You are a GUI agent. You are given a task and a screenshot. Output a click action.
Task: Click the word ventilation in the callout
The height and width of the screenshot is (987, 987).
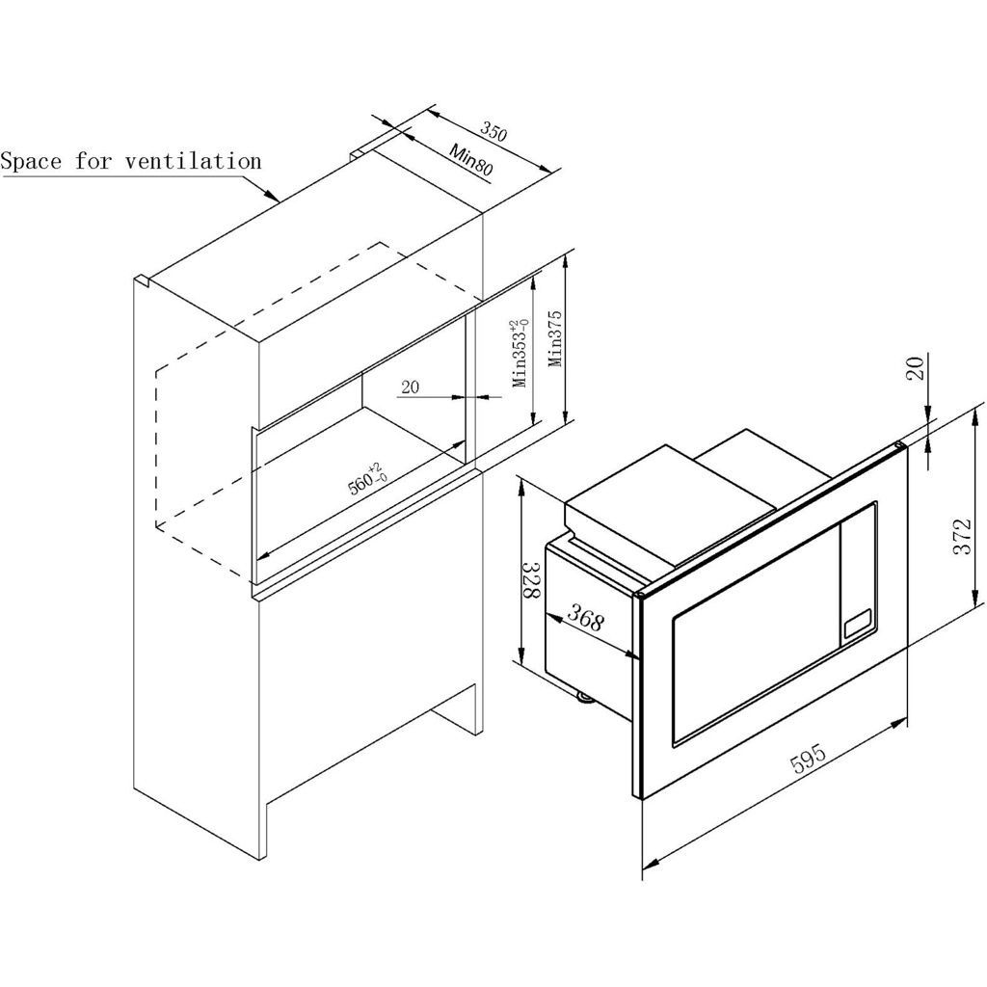pos(193,161)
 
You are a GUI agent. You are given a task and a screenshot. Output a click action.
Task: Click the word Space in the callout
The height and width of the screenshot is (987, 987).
pos(31,162)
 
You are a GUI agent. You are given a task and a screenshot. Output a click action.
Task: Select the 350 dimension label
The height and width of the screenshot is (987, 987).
pos(493,130)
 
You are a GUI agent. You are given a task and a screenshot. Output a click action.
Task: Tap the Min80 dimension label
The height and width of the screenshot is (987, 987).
pos(470,159)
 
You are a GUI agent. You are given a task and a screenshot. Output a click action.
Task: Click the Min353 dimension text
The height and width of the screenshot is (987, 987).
pos(520,353)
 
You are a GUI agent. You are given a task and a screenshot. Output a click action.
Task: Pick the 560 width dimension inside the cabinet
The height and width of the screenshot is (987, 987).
pos(367,480)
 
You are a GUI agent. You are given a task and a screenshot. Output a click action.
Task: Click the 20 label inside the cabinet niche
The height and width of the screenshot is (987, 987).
pos(410,387)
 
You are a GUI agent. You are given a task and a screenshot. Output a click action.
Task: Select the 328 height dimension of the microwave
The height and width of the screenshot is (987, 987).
pos(533,581)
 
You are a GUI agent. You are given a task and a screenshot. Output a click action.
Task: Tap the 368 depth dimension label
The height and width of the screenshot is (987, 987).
pos(586,617)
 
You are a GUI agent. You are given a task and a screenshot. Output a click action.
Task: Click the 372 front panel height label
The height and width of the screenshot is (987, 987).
pos(962,536)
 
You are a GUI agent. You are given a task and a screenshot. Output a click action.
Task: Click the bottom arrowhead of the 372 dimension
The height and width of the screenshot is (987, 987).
pos(975,598)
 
